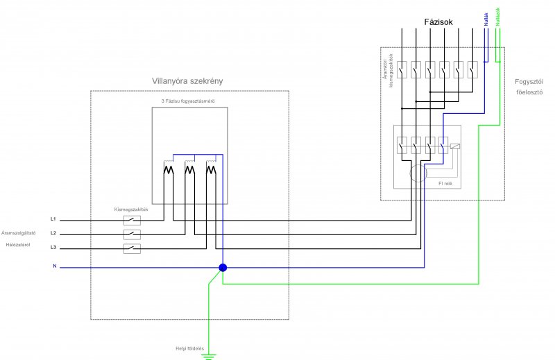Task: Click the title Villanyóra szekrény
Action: pos(187,81)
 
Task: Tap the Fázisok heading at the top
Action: pos(438,22)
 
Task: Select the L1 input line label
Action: pos(53,219)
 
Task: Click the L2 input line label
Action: pos(53,233)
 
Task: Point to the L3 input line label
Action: pos(53,248)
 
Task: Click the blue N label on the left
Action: pos(54,266)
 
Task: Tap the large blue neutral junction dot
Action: pos(223,268)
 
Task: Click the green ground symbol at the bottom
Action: pos(208,356)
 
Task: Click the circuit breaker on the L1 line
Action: pos(132,220)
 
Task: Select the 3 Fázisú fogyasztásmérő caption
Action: pos(187,102)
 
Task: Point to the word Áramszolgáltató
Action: pos(19,233)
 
